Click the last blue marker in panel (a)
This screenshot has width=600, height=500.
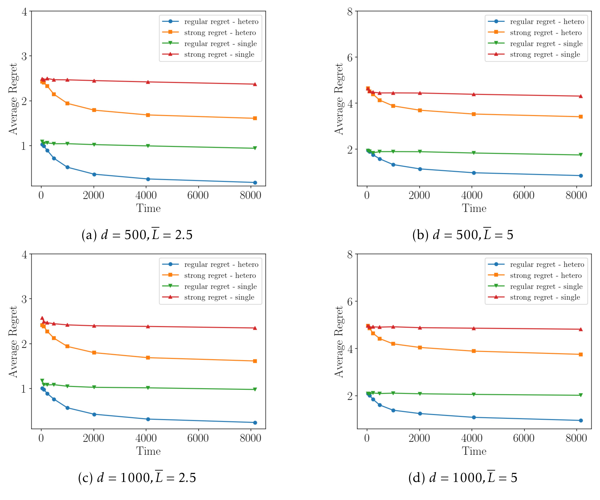click(x=255, y=183)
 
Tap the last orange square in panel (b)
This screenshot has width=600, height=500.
click(x=581, y=117)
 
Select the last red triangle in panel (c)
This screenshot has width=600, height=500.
click(x=255, y=328)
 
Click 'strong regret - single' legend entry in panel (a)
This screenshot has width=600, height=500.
click(x=219, y=54)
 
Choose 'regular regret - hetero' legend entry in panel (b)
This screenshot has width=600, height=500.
click(x=547, y=22)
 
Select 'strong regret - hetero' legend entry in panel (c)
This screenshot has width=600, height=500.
click(x=220, y=276)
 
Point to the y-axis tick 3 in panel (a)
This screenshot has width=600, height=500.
click(x=25, y=56)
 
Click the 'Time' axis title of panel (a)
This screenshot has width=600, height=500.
click(x=148, y=208)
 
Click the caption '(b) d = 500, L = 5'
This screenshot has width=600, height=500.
click(x=463, y=235)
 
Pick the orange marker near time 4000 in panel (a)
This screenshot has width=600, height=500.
click(x=148, y=115)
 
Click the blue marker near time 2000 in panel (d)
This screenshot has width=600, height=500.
click(x=420, y=414)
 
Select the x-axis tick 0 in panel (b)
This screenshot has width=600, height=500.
click(x=367, y=195)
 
